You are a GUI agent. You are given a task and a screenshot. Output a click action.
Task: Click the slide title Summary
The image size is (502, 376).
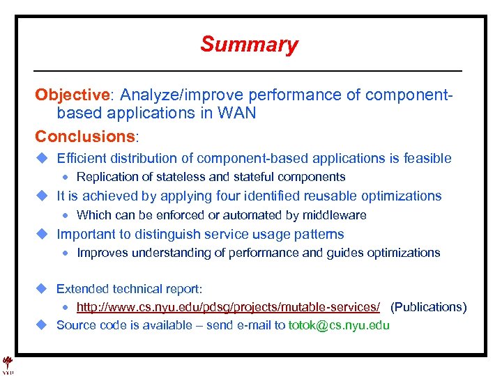[249, 45]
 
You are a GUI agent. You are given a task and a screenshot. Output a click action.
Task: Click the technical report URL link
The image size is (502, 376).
[228, 307]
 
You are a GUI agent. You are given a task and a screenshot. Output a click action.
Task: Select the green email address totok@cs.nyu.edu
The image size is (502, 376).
[339, 325]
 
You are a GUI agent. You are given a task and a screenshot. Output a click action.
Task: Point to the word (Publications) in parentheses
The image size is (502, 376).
[428, 307]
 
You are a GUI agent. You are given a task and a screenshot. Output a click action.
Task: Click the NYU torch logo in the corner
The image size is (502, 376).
[8, 363]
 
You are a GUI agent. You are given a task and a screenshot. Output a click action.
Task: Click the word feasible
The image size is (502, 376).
[428, 159]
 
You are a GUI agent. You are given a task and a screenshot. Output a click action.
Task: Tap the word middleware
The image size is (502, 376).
[333, 215]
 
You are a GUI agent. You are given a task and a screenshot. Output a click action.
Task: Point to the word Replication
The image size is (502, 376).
[107, 177]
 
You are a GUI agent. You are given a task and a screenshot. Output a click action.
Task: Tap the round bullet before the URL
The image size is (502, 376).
[69, 307]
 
